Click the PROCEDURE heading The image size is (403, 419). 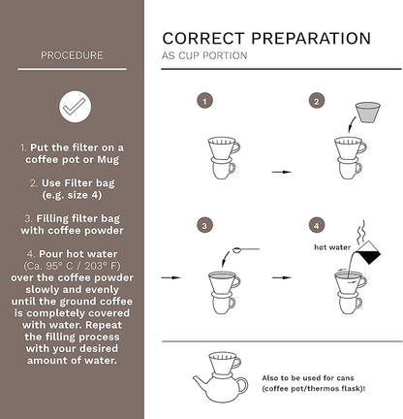[x=72, y=55]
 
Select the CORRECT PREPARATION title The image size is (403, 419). [x=265, y=39]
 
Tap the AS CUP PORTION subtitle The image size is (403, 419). [x=203, y=56]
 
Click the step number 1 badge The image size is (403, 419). [x=204, y=101]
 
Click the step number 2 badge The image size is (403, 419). [x=316, y=101]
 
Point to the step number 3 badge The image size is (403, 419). [x=204, y=225]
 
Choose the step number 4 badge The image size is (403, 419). [x=316, y=225]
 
